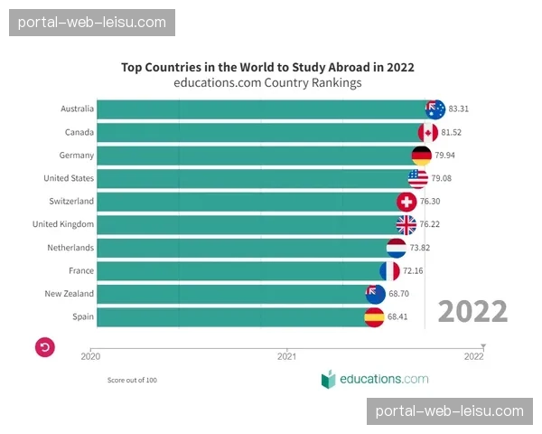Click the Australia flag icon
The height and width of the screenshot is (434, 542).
point(435,109)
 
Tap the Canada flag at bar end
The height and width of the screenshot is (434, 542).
point(427,133)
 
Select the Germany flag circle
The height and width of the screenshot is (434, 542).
point(421,156)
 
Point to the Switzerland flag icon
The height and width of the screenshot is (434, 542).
point(406,202)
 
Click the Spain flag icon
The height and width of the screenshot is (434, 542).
point(374,316)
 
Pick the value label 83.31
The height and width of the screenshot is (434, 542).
point(459,109)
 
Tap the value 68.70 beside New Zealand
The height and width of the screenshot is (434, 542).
point(398,294)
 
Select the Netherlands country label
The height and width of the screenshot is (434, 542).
point(70,248)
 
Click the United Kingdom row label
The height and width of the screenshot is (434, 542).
point(63,224)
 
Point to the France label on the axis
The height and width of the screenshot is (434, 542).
point(81,270)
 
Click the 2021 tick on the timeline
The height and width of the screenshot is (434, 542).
point(287,356)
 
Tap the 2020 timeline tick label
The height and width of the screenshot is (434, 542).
point(90,356)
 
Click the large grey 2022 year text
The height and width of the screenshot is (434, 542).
point(472,312)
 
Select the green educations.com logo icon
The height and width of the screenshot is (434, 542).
point(328,380)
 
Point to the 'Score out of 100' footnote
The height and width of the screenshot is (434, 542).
point(132,380)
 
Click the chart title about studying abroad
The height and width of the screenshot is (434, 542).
point(267,67)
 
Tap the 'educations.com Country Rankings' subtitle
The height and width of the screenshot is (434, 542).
point(267,82)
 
